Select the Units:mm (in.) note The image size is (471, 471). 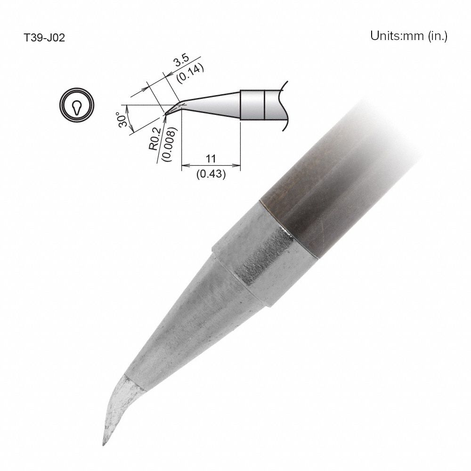coord(408,36)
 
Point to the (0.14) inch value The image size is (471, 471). coord(189,73)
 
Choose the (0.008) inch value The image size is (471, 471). coord(165,144)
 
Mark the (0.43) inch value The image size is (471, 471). coord(211,174)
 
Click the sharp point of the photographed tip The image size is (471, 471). coord(103,445)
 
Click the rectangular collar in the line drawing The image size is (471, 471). coord(252,104)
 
